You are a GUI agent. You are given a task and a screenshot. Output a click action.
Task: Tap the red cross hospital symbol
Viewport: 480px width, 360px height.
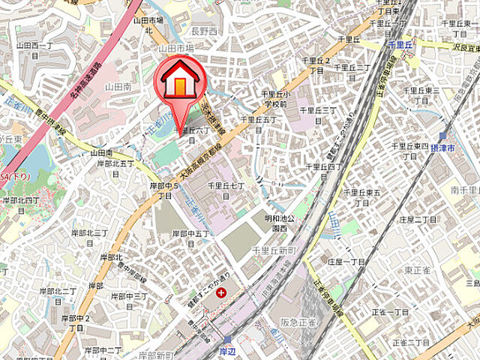[220, 292]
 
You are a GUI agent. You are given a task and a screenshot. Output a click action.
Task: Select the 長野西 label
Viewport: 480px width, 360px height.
[204, 31]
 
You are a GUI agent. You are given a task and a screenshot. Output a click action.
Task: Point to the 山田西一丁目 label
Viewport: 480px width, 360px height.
[34, 50]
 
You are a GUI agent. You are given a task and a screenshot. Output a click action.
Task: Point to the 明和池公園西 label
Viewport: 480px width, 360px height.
[279, 223]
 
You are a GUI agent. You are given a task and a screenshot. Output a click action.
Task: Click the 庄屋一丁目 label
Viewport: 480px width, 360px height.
[346, 262]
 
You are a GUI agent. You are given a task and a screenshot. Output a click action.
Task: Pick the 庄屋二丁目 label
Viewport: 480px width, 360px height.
[418, 220]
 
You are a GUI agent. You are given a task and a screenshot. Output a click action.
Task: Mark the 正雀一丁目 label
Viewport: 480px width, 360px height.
[390, 312]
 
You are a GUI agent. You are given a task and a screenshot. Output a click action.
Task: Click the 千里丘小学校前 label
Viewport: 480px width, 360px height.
[273, 99]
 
